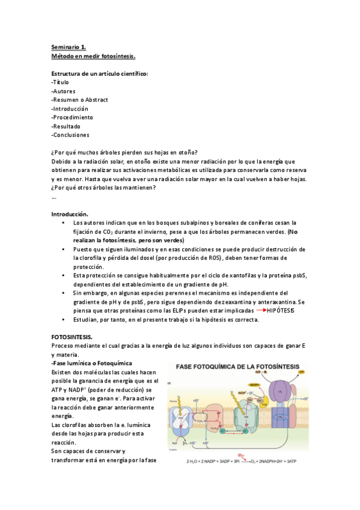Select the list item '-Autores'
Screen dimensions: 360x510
click(x=64, y=91)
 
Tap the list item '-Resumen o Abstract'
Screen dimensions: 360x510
click(x=80, y=100)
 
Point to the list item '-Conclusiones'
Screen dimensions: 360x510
click(x=70, y=135)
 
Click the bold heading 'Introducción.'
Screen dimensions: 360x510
click(x=70, y=214)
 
